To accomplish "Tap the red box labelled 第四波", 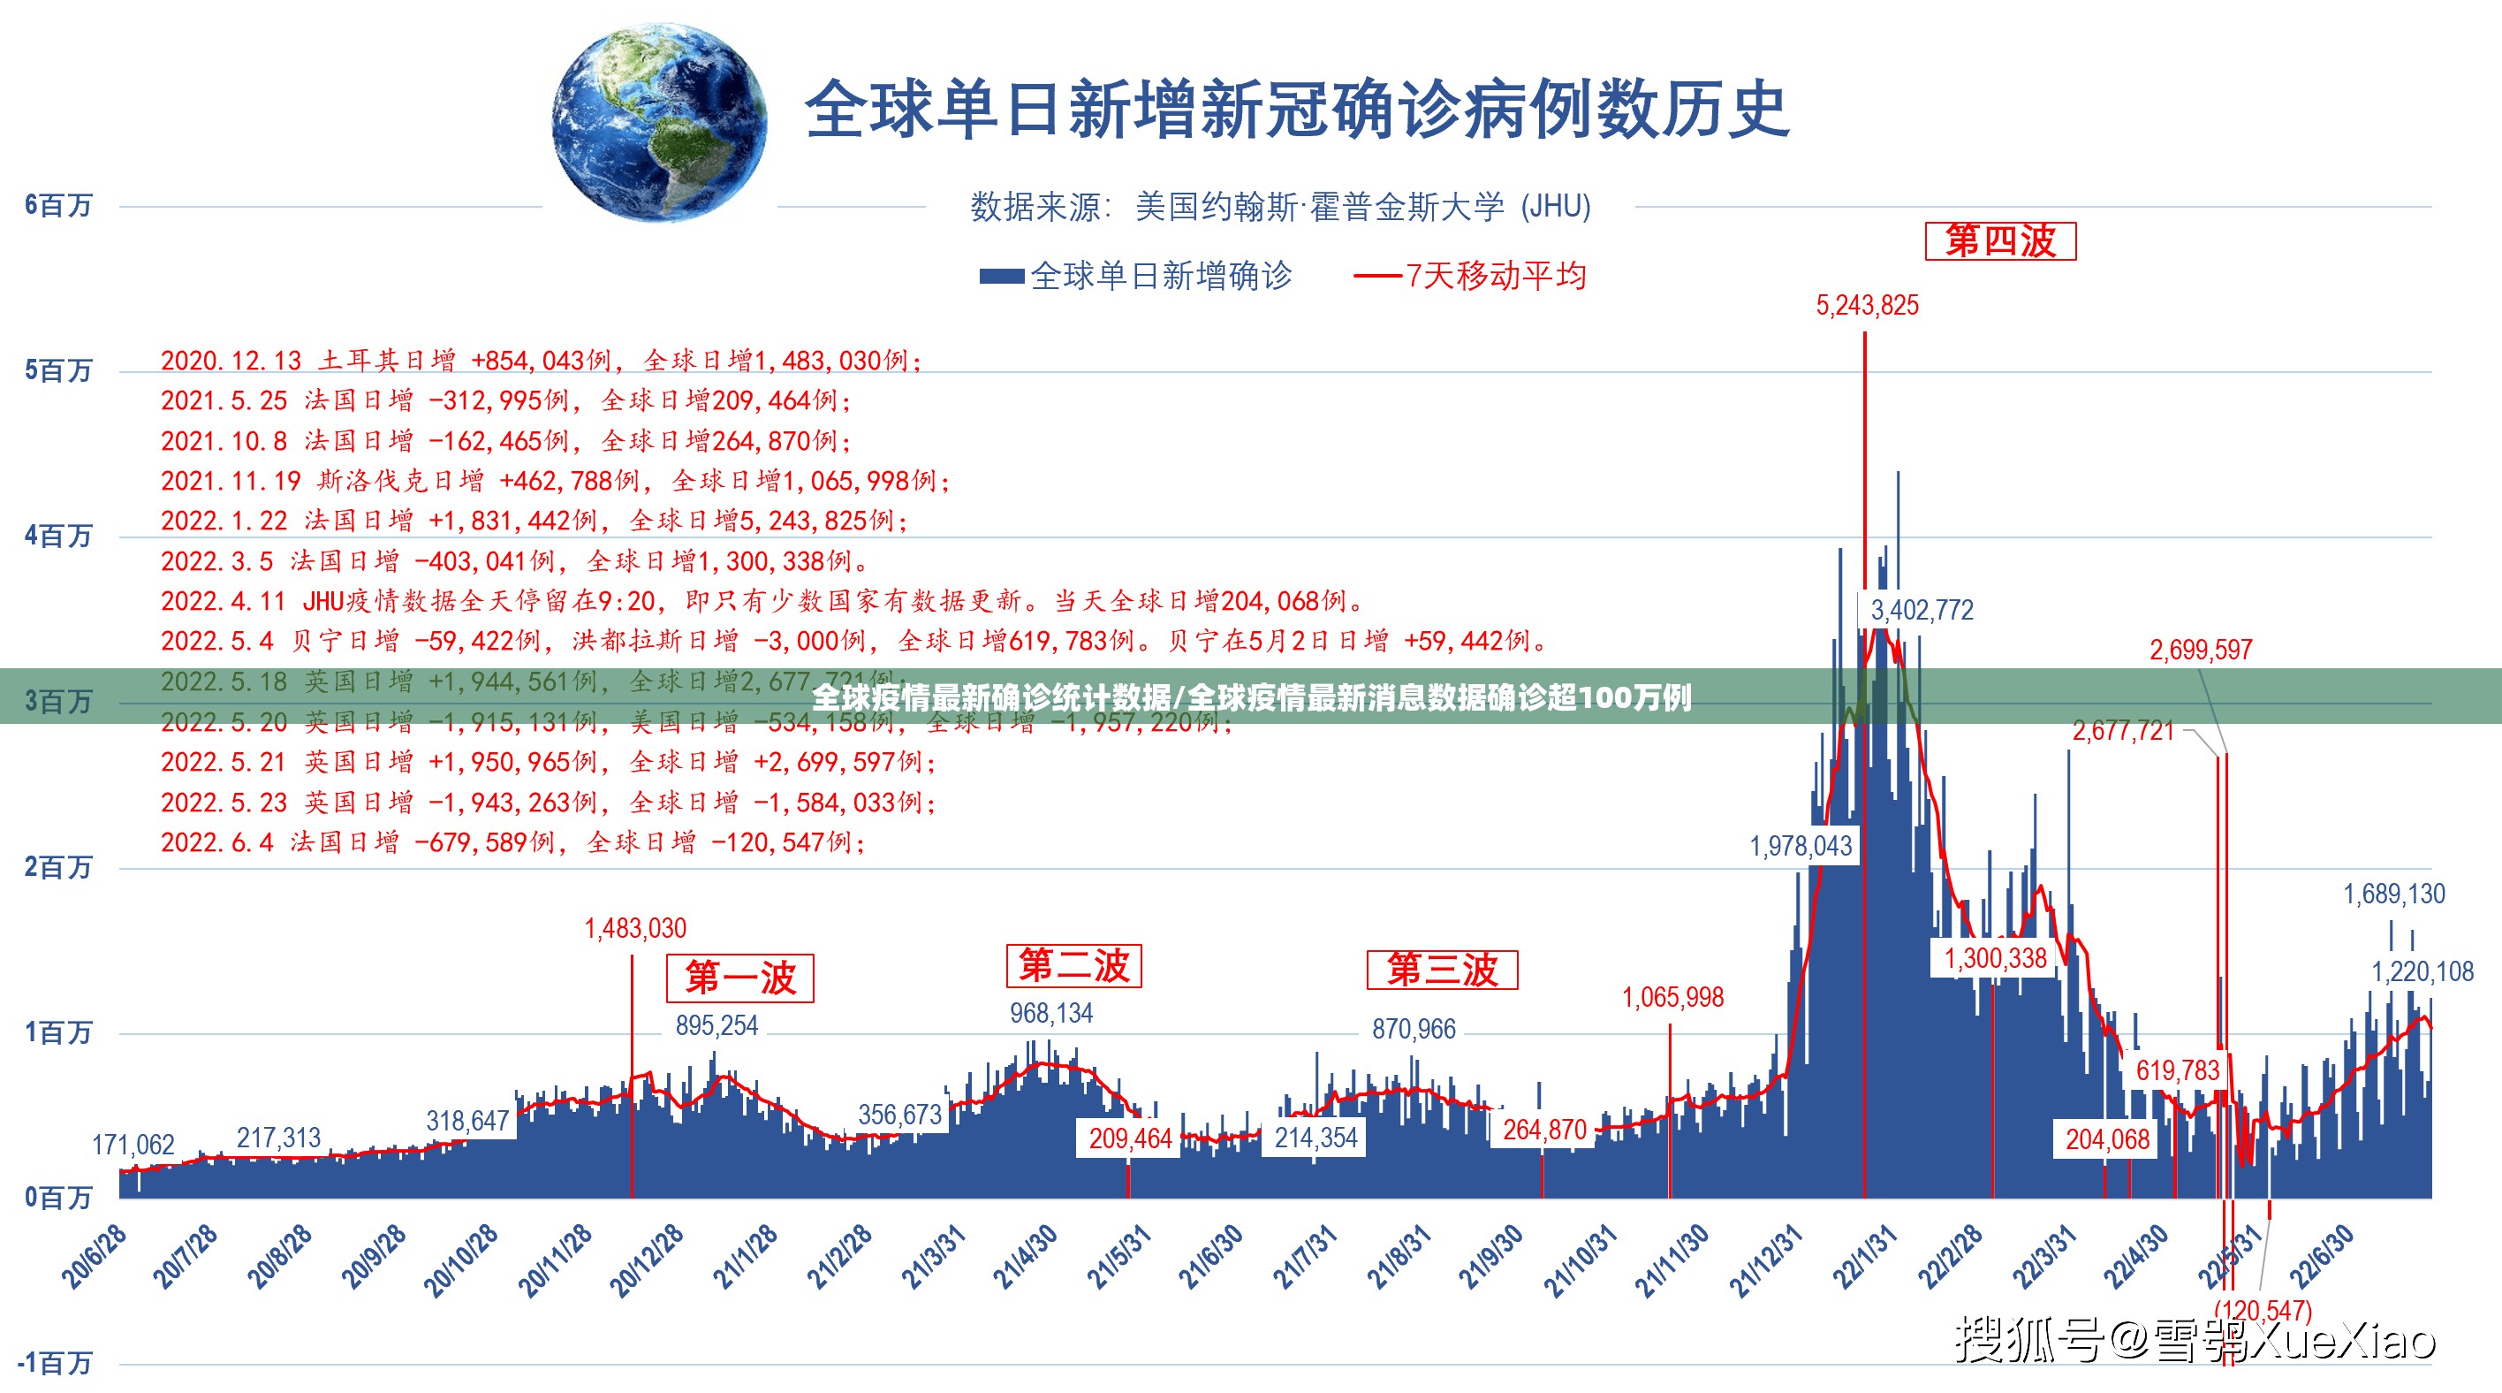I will pyautogui.click(x=2000, y=241).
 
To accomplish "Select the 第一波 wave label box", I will pyautogui.click(x=740, y=978).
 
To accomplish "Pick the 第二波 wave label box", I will pyautogui.click(x=1073, y=965).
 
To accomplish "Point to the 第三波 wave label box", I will pyautogui.click(x=1441, y=970).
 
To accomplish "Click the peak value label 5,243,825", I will pyautogui.click(x=1867, y=305).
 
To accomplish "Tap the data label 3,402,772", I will pyautogui.click(x=1922, y=610).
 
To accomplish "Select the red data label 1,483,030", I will pyautogui.click(x=635, y=929).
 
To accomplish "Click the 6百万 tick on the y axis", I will pyautogui.click(x=58, y=206).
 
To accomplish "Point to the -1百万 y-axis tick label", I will pyautogui.click(x=55, y=1363).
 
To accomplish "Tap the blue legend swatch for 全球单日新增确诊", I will pyautogui.click(x=1001, y=277).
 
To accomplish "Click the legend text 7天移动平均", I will pyautogui.click(x=1496, y=277).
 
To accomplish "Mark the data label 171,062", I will pyautogui.click(x=133, y=1145).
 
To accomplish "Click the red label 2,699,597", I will pyautogui.click(x=2200, y=650).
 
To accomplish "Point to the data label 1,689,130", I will pyautogui.click(x=2393, y=894).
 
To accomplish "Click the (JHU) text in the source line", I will pyautogui.click(x=1556, y=207).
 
